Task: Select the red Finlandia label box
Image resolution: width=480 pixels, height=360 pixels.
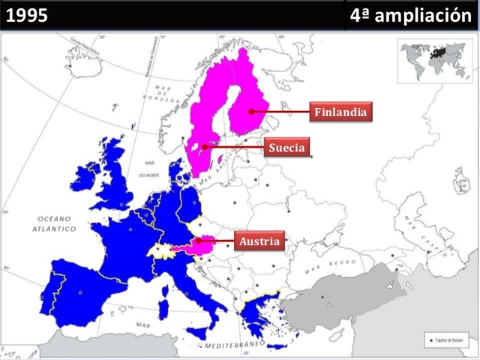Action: tap(340, 112)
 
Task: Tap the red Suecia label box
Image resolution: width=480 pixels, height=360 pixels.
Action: tap(287, 148)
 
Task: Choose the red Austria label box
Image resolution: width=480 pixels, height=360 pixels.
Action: tap(259, 241)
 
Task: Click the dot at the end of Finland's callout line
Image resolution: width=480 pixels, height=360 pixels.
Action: tap(252, 112)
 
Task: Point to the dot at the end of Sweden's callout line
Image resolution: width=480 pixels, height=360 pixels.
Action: tap(203, 148)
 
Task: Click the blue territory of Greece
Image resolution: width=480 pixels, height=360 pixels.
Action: tap(259, 312)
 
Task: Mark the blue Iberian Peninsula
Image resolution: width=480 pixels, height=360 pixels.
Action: tap(75, 289)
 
